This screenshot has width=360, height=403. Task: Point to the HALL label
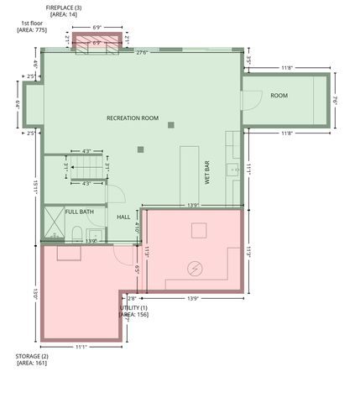[x=123, y=217]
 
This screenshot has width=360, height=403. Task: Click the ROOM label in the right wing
[x=279, y=96]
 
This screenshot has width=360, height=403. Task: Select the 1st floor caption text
[x=31, y=23]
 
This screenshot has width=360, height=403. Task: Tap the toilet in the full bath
[x=76, y=233]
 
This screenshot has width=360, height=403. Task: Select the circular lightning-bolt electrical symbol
[x=195, y=268]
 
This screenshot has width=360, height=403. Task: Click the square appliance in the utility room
[x=199, y=230]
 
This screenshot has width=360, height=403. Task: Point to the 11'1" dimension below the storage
[x=81, y=346]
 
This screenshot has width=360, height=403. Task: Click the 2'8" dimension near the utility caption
[x=132, y=298]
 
